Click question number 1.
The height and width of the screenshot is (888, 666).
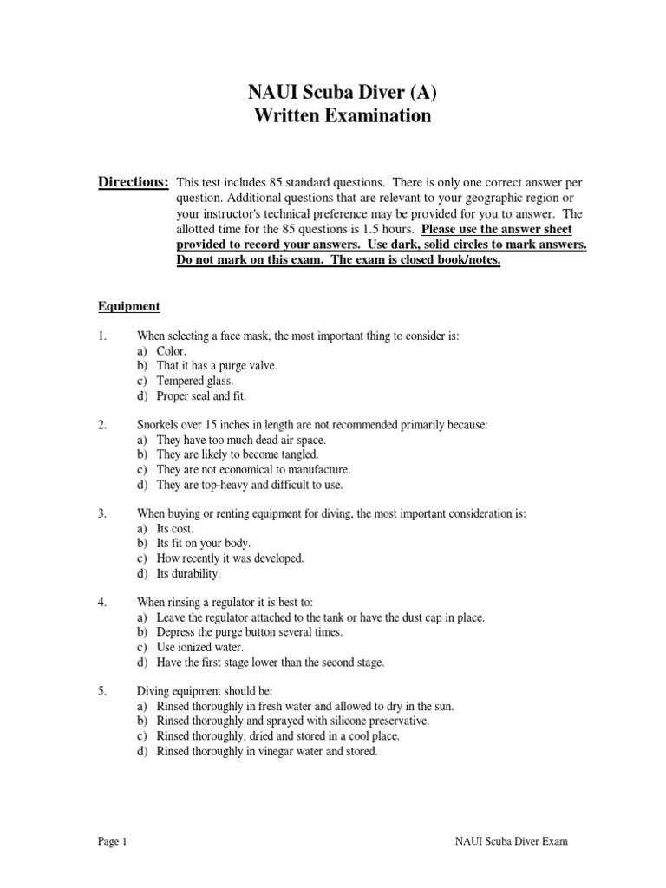(x=101, y=336)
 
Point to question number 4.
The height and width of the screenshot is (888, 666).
(x=101, y=602)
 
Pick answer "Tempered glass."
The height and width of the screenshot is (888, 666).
(x=195, y=381)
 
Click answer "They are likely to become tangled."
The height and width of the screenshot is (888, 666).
(x=238, y=454)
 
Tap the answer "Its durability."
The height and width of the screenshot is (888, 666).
(x=188, y=573)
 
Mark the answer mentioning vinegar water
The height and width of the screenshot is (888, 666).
(x=267, y=752)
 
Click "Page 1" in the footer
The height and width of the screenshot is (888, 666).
(x=112, y=842)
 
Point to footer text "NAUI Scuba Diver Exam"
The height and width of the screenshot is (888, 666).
(x=512, y=842)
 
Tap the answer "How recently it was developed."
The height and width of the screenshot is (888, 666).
(x=230, y=558)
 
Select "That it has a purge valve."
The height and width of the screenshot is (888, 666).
(x=217, y=366)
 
